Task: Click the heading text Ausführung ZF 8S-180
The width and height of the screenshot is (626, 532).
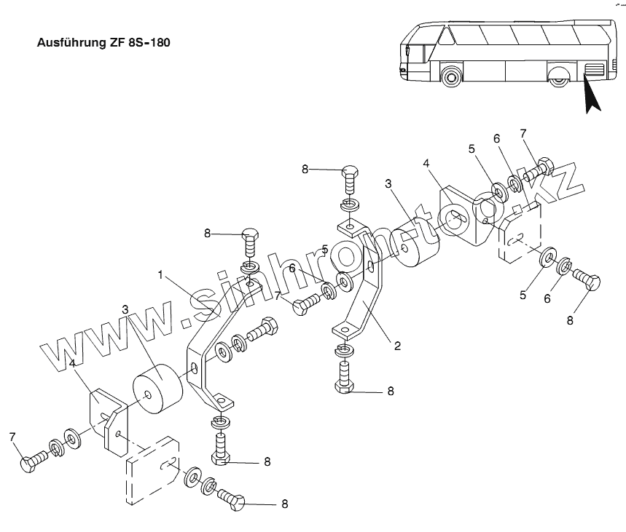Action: point(103,43)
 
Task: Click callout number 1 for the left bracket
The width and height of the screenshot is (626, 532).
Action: point(160,275)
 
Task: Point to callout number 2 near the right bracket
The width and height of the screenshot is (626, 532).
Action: point(397,346)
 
